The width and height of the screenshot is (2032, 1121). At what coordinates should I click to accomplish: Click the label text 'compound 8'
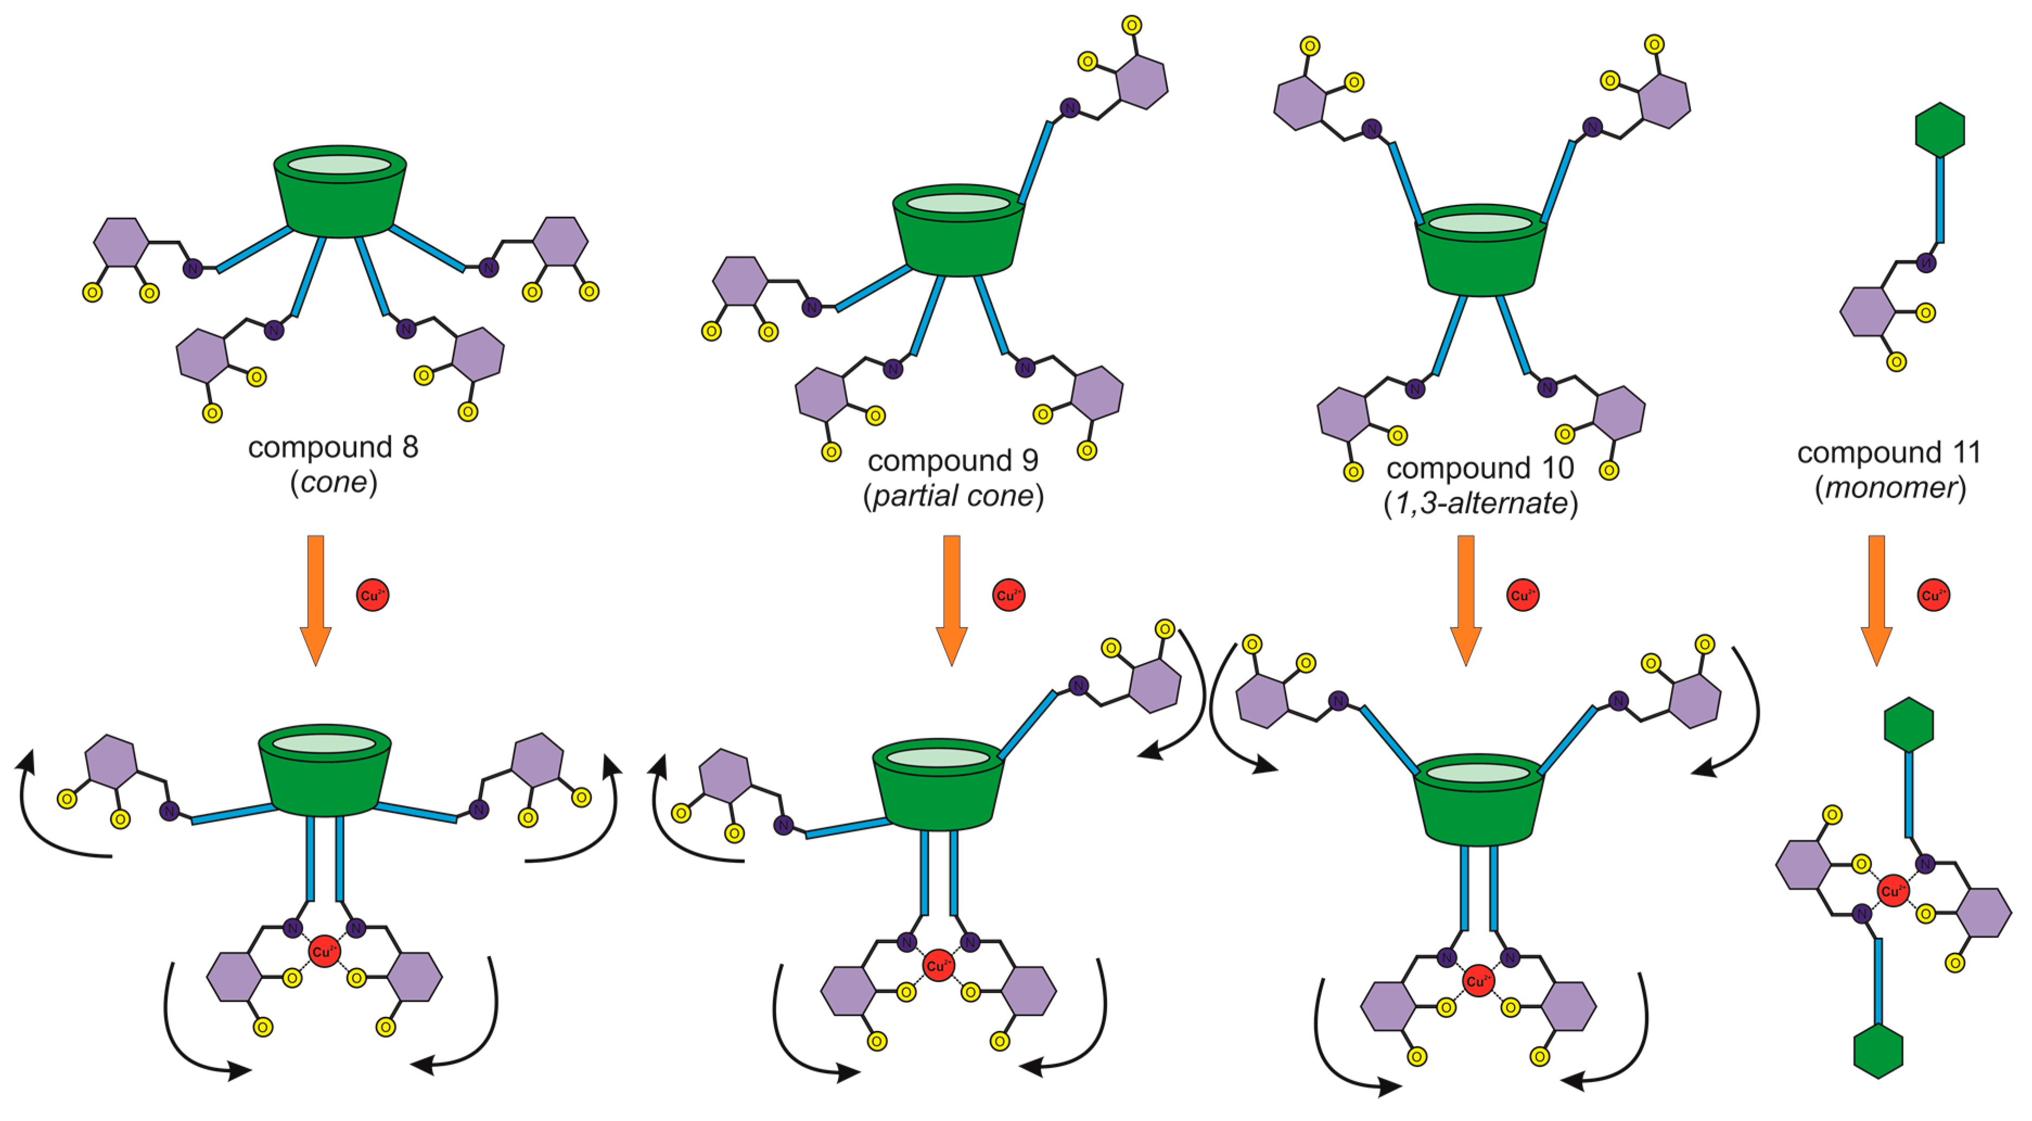(x=333, y=447)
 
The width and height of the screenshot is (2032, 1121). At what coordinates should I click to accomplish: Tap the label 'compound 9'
(x=953, y=460)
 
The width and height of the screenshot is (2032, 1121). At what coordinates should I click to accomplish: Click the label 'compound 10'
(x=1480, y=468)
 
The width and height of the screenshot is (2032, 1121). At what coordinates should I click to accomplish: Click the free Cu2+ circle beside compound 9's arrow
(x=1008, y=595)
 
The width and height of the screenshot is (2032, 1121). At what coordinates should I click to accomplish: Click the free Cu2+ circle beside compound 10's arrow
(x=1523, y=595)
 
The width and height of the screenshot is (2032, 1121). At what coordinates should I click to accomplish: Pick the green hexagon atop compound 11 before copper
(x=1940, y=130)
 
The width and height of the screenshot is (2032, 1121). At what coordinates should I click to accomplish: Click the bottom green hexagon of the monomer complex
(x=1878, y=1051)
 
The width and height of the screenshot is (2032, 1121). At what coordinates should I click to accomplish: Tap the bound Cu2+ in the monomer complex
(x=1893, y=891)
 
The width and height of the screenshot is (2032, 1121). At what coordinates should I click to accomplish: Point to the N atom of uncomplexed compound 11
(x=1926, y=262)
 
